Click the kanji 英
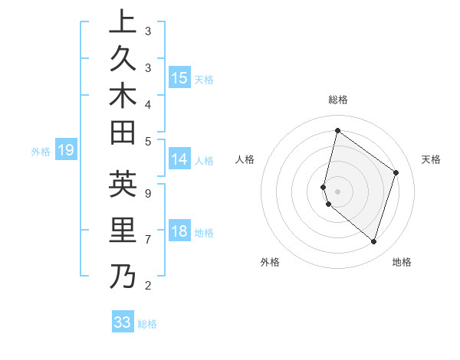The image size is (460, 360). [123, 185]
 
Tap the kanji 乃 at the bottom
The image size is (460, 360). [123, 276]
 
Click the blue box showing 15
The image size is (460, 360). [179, 77]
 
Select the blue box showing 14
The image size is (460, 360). [179, 159]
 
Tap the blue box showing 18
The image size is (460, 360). [179, 231]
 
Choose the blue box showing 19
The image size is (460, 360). [66, 150]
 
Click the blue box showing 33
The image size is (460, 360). [123, 322]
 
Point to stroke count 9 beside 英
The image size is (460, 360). [147, 193]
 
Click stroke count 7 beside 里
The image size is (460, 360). [147, 240]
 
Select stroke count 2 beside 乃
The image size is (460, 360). [147, 286]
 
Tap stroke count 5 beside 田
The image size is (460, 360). [147, 141]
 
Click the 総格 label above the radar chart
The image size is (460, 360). [337, 100]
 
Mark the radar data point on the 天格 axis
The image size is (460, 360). [396, 172]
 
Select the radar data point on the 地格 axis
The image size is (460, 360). [373, 242]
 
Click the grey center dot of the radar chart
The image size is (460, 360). [337, 191]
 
